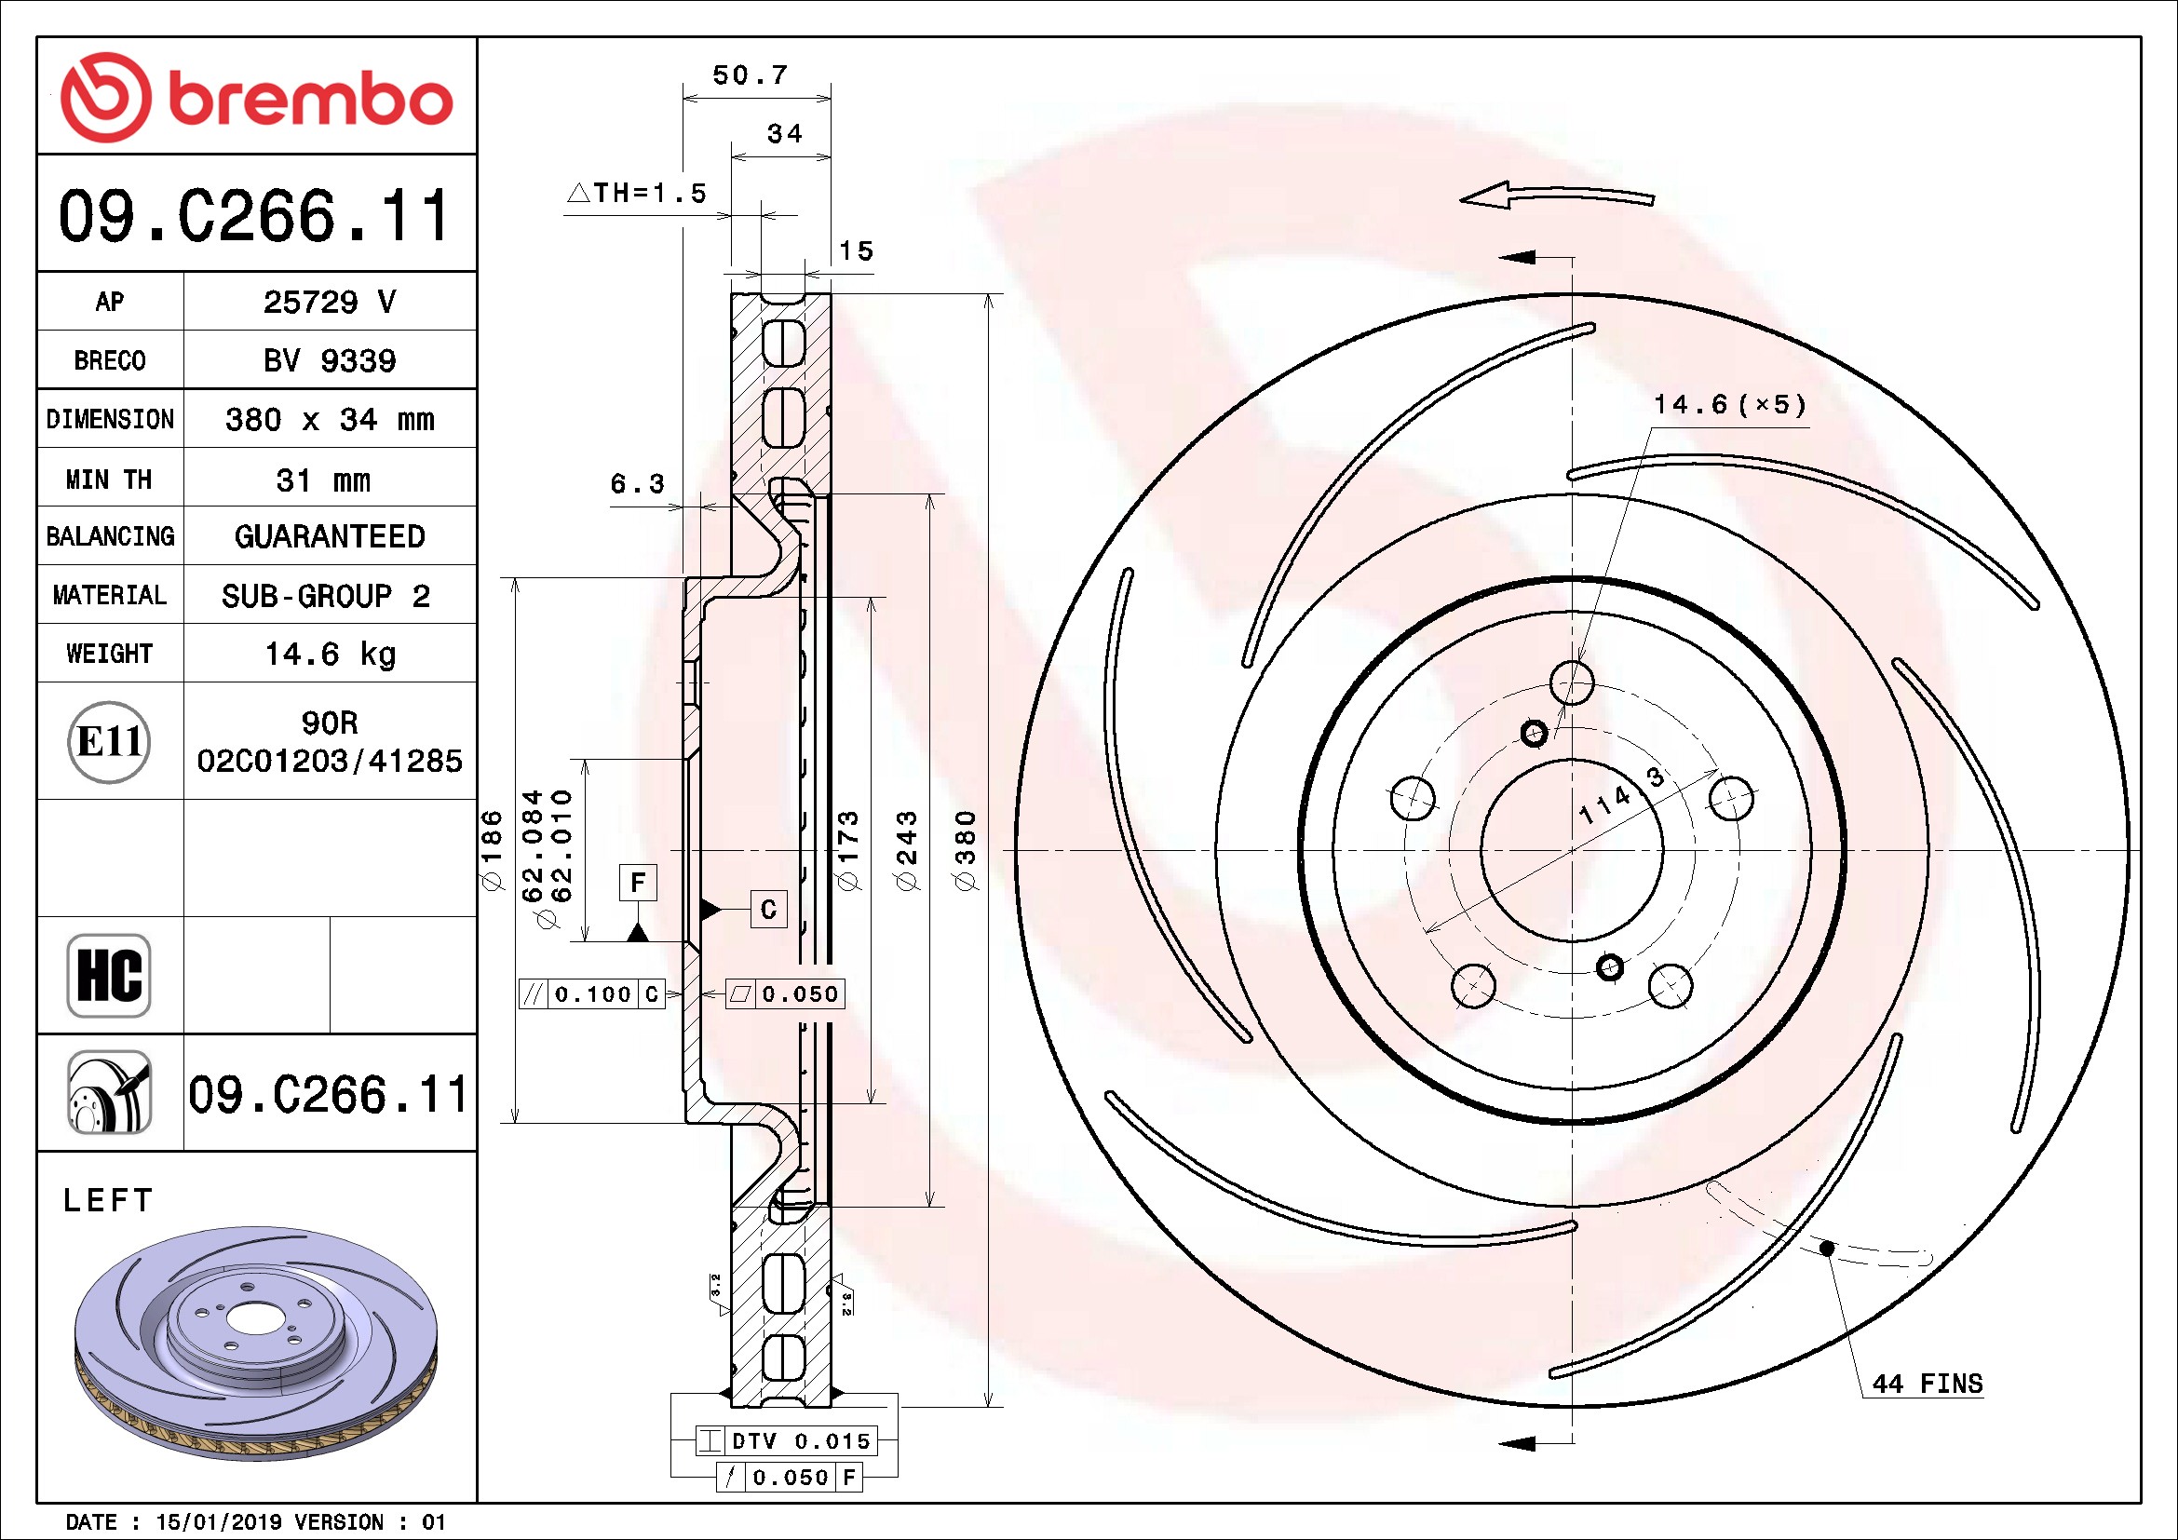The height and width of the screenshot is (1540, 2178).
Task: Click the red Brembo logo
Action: tap(256, 97)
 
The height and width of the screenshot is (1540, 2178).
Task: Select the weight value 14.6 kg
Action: tap(331, 654)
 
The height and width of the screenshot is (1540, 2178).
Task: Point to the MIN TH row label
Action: tap(109, 479)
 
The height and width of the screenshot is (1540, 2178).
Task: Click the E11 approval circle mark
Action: tap(109, 741)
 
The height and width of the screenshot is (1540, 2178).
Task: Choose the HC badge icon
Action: tap(109, 975)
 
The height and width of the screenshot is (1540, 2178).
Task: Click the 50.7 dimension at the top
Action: tap(751, 74)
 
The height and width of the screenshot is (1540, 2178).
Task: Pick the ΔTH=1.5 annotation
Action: tap(638, 193)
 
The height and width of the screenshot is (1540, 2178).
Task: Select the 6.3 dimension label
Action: tap(637, 483)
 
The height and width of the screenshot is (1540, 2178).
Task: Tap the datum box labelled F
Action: tap(638, 882)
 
